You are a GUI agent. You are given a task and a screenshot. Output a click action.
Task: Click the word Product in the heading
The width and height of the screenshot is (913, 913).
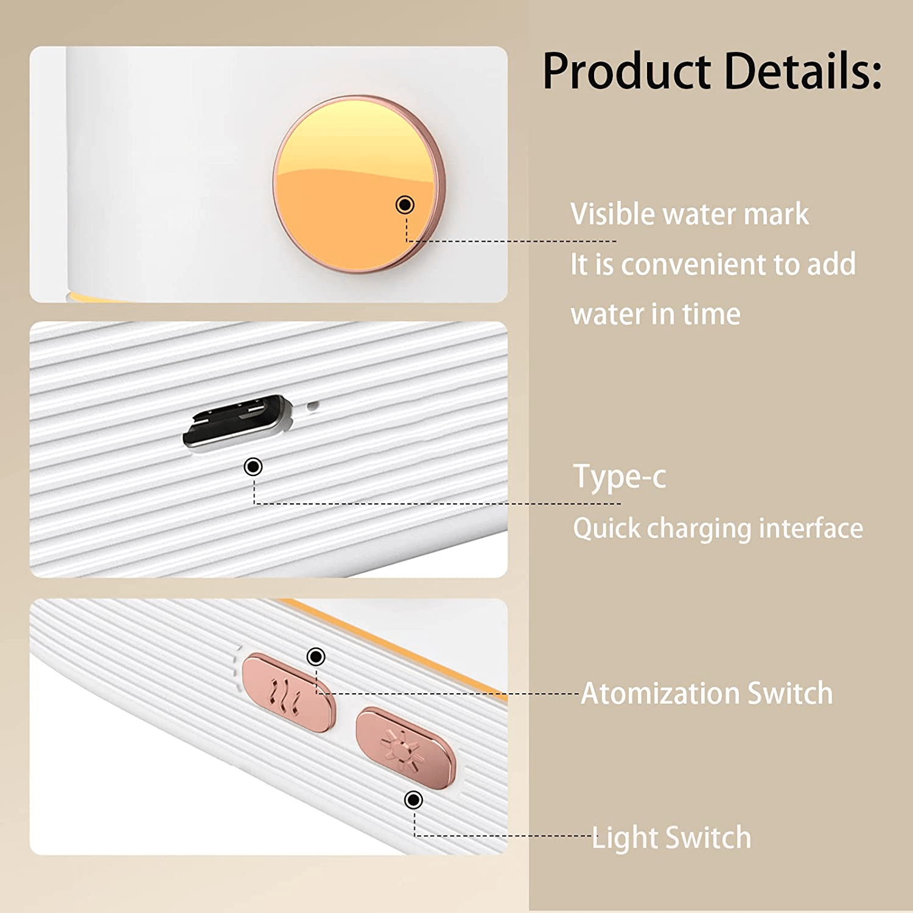click(x=626, y=71)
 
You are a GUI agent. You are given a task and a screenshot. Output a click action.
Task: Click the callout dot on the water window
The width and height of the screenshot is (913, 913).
click(x=405, y=205)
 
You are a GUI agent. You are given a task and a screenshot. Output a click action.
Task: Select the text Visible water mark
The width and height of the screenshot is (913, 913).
click(x=690, y=214)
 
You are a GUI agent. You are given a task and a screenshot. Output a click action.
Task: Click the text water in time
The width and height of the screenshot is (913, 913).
click(x=656, y=314)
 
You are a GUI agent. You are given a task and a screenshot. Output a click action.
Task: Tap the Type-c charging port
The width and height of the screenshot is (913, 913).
click(x=238, y=422)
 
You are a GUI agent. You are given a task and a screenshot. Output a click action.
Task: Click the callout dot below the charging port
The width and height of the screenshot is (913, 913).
click(x=253, y=467)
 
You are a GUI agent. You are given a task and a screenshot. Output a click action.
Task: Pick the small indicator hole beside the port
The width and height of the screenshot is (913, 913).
click(x=312, y=405)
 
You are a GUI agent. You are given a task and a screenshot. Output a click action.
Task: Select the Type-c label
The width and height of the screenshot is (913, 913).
click(x=620, y=477)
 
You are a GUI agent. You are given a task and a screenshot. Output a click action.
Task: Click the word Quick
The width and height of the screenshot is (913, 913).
click(x=607, y=528)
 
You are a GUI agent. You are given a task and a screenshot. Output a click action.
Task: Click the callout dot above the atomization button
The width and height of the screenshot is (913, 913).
click(x=316, y=657)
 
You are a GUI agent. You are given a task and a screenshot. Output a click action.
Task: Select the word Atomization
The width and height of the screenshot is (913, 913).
click(x=660, y=693)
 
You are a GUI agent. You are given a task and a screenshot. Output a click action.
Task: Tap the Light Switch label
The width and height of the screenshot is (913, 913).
click(x=671, y=838)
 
